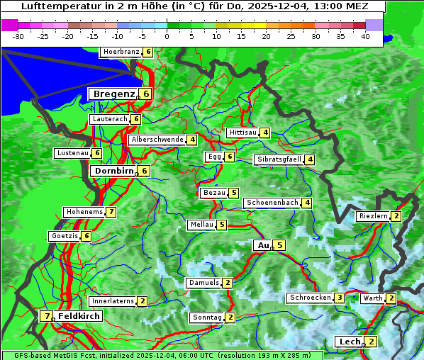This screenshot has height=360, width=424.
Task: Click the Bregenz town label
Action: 113,94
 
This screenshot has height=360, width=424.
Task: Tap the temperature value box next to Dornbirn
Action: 144,171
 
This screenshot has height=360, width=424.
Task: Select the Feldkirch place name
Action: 79,316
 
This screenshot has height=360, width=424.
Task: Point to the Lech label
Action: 350,342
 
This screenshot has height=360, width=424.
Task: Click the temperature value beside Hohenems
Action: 111,212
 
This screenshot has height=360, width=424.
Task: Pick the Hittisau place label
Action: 242,133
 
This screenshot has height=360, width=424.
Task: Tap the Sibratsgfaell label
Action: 279,159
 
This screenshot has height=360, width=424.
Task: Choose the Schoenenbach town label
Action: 272,203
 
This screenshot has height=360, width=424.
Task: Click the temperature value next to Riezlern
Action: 396,216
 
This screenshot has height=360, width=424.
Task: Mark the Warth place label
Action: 373,298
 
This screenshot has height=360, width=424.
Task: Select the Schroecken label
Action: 310,298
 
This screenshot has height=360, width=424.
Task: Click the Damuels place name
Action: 203,283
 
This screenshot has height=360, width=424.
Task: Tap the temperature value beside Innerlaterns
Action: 142,301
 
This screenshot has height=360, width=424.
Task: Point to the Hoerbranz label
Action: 121,52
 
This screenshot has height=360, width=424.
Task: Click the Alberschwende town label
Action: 157,140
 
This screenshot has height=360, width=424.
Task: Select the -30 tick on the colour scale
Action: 18,35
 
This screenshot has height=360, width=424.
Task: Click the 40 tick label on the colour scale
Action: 365,35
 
